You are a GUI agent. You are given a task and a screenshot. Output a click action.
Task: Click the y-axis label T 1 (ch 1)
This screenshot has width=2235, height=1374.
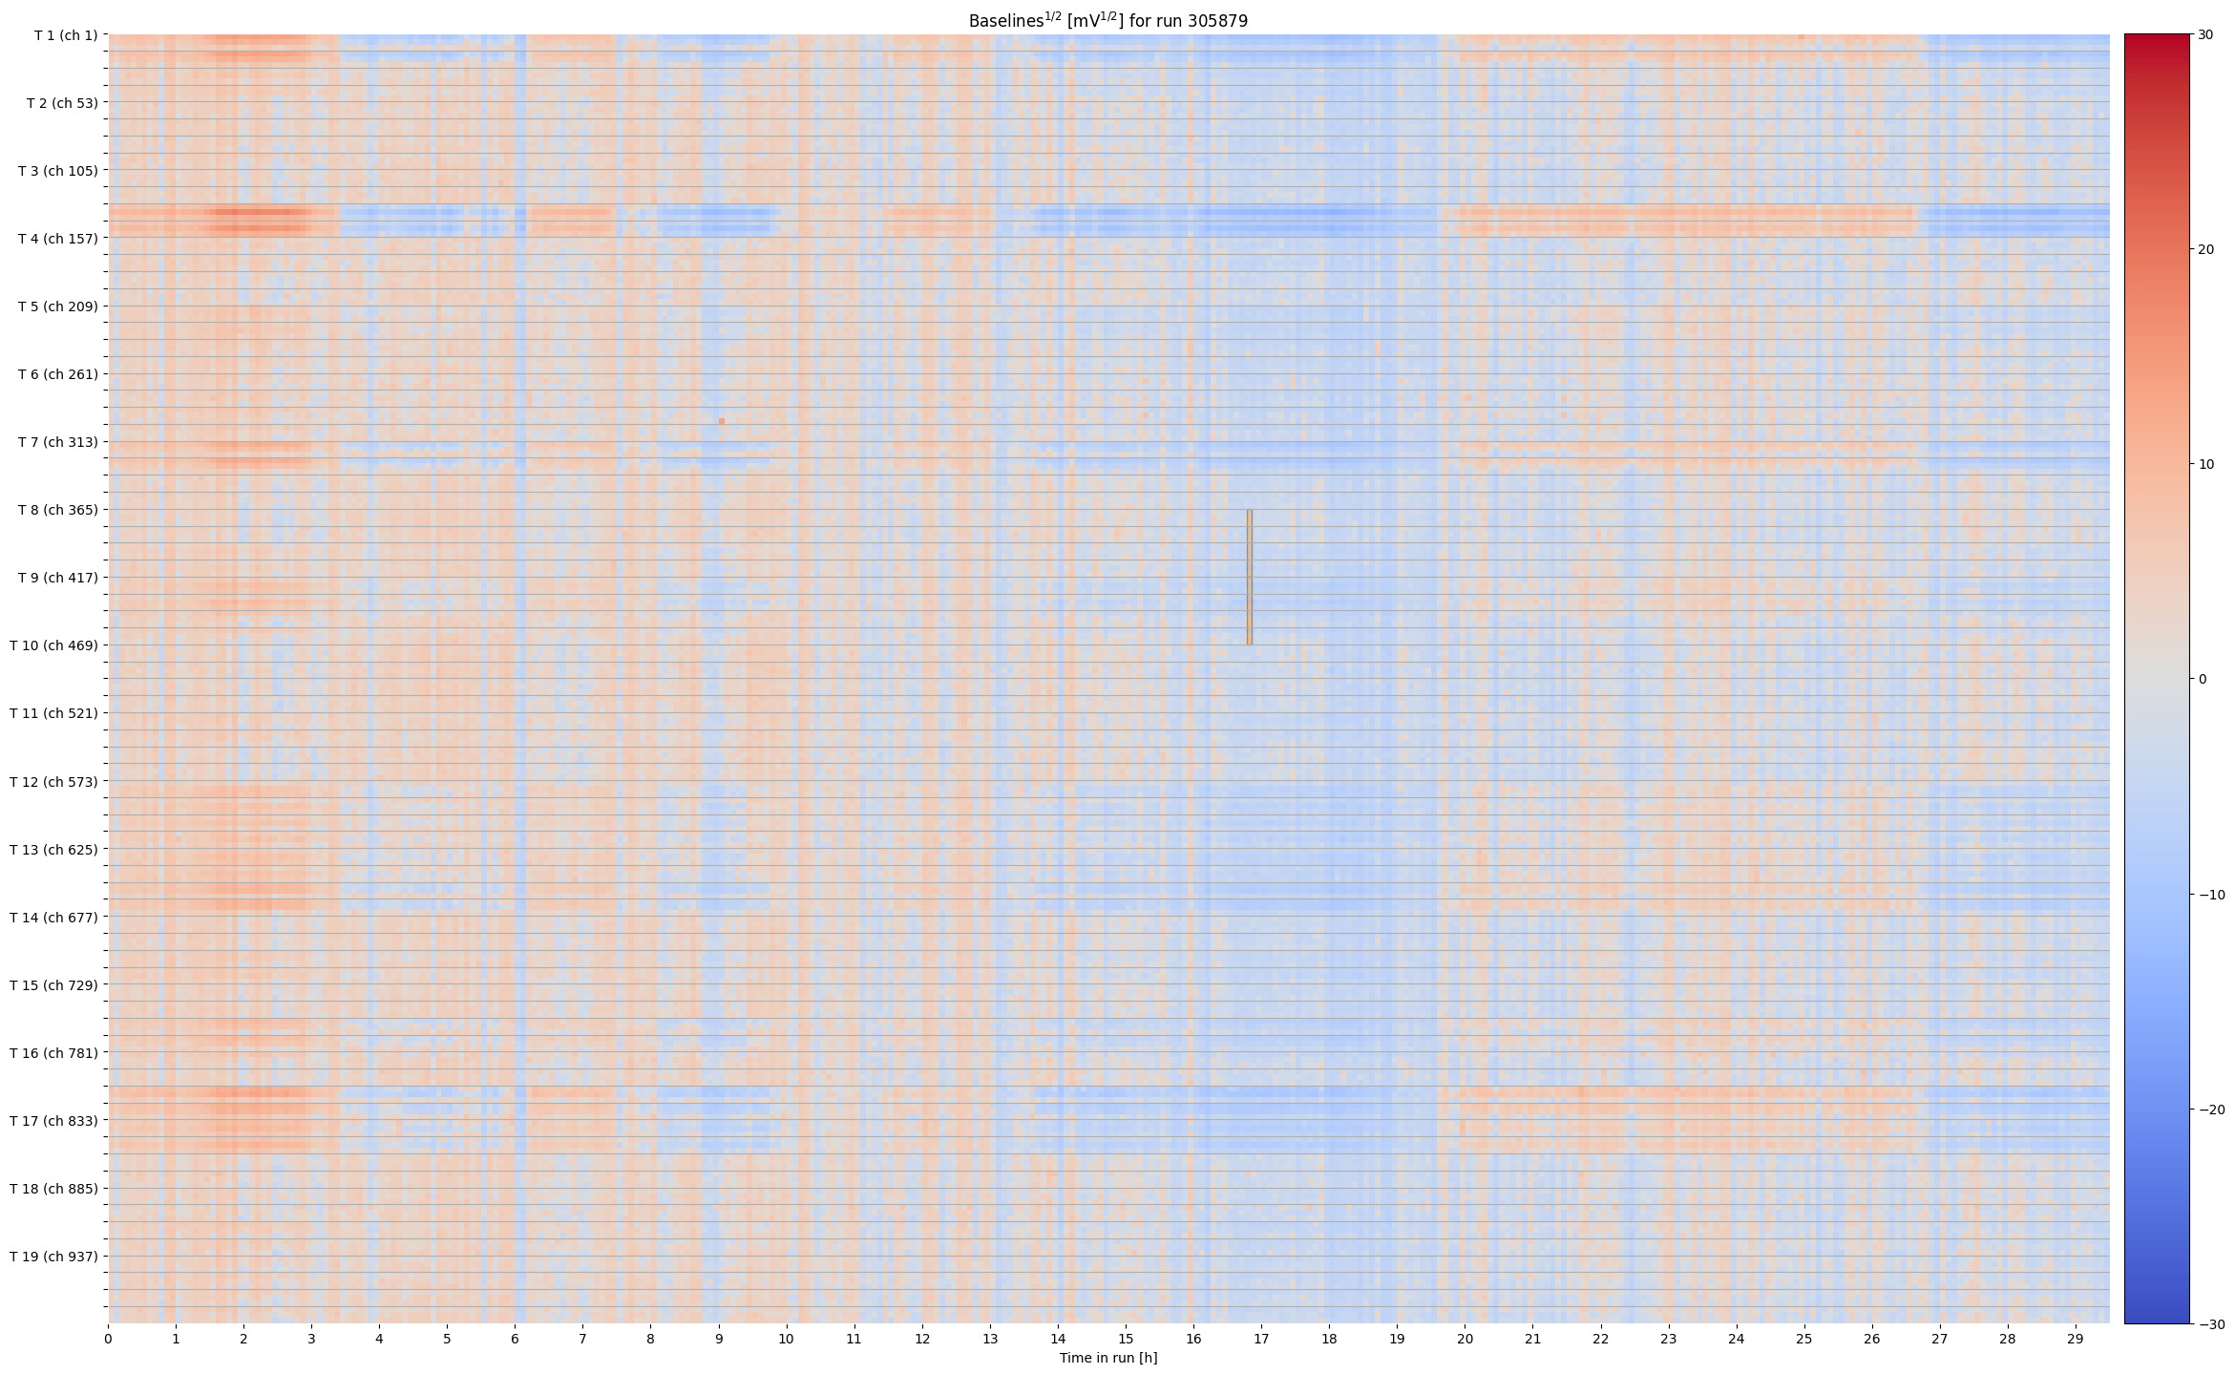(x=65, y=35)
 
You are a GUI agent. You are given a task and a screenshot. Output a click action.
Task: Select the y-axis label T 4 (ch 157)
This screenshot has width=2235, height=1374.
(x=57, y=239)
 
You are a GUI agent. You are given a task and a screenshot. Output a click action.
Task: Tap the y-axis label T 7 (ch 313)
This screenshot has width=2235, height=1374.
(x=57, y=442)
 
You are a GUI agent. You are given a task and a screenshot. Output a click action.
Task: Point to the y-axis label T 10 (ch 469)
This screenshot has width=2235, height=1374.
(x=53, y=645)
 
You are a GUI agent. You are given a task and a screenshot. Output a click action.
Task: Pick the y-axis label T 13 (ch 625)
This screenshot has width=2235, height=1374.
(x=53, y=849)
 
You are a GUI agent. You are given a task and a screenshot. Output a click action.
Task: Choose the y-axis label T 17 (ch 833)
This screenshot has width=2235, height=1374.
(x=53, y=1121)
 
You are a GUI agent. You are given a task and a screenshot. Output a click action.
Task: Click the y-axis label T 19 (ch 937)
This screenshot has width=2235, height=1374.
(x=53, y=1257)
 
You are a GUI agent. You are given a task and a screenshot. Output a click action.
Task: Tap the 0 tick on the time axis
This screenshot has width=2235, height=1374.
(x=108, y=1339)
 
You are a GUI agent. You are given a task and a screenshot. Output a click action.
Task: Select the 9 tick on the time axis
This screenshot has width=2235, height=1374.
(x=719, y=1339)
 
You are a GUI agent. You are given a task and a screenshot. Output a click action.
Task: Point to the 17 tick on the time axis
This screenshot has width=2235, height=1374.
(x=1261, y=1339)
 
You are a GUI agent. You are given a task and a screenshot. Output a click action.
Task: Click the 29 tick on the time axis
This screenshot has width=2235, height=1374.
(x=2076, y=1339)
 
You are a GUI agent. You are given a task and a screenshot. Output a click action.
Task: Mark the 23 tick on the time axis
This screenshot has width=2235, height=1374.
(x=1668, y=1339)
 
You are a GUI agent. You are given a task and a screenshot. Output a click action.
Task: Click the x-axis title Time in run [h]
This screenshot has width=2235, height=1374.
(x=1107, y=1358)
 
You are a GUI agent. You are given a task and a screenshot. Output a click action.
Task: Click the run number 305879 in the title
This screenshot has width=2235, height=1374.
(x=1217, y=21)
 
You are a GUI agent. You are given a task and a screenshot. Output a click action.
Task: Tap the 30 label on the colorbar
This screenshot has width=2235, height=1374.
(x=2205, y=34)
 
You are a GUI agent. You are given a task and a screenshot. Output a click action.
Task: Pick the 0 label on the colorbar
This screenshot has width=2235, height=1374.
(x=2203, y=680)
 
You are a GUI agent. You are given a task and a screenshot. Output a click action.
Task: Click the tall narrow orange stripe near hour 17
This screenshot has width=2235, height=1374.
(x=1249, y=577)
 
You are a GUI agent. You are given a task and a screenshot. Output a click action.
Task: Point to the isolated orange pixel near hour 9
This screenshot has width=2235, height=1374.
(x=722, y=421)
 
